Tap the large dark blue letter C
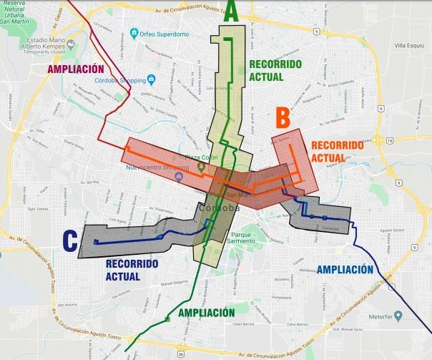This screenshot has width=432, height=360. tap(69, 241)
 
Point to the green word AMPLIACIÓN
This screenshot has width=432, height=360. tap(207, 313)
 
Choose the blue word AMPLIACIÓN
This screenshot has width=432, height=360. tap(345, 270)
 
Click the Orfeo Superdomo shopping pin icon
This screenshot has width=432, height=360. tap(133, 33)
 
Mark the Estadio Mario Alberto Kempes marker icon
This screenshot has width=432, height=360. tap(22, 43)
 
